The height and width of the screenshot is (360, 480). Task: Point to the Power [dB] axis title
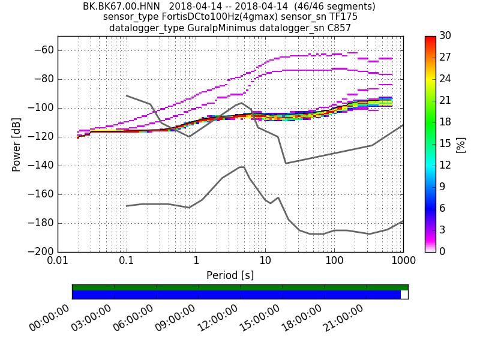(x=17, y=144)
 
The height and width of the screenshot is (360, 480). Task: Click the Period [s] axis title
(x=230, y=275)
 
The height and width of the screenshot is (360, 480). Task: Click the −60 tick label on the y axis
(x=43, y=50)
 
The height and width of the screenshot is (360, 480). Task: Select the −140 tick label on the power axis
(x=41, y=166)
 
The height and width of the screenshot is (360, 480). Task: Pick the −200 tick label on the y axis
(x=41, y=251)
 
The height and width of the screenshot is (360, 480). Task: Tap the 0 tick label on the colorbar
(x=442, y=251)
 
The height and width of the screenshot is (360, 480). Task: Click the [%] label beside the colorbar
(x=461, y=144)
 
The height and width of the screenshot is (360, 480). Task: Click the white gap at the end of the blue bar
(x=404, y=295)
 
